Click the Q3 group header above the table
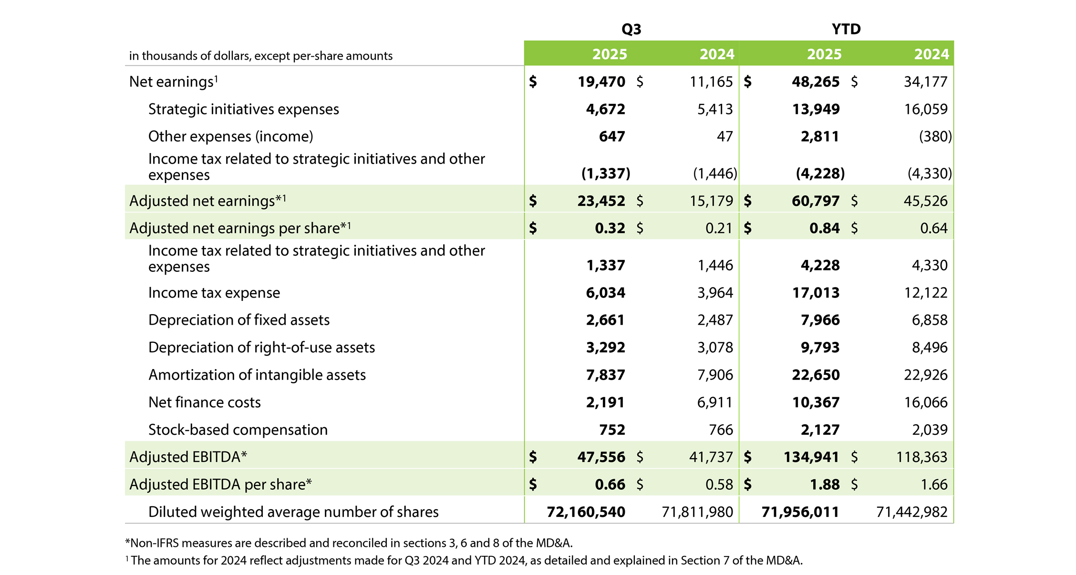631,29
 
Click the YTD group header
846,29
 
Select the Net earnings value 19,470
601,82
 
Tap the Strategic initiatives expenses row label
243,109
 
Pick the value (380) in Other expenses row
935,137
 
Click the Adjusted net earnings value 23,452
601,201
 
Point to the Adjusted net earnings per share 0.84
824,228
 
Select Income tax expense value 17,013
816,293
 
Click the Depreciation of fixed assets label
238,320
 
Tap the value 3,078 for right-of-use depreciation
715,348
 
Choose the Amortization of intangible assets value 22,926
925,375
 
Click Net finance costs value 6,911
714,402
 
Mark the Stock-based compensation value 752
612,430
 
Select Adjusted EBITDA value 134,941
811,457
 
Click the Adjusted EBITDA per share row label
220,484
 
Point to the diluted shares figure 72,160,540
586,512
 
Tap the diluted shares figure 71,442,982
911,512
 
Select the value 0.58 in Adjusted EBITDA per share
719,485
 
